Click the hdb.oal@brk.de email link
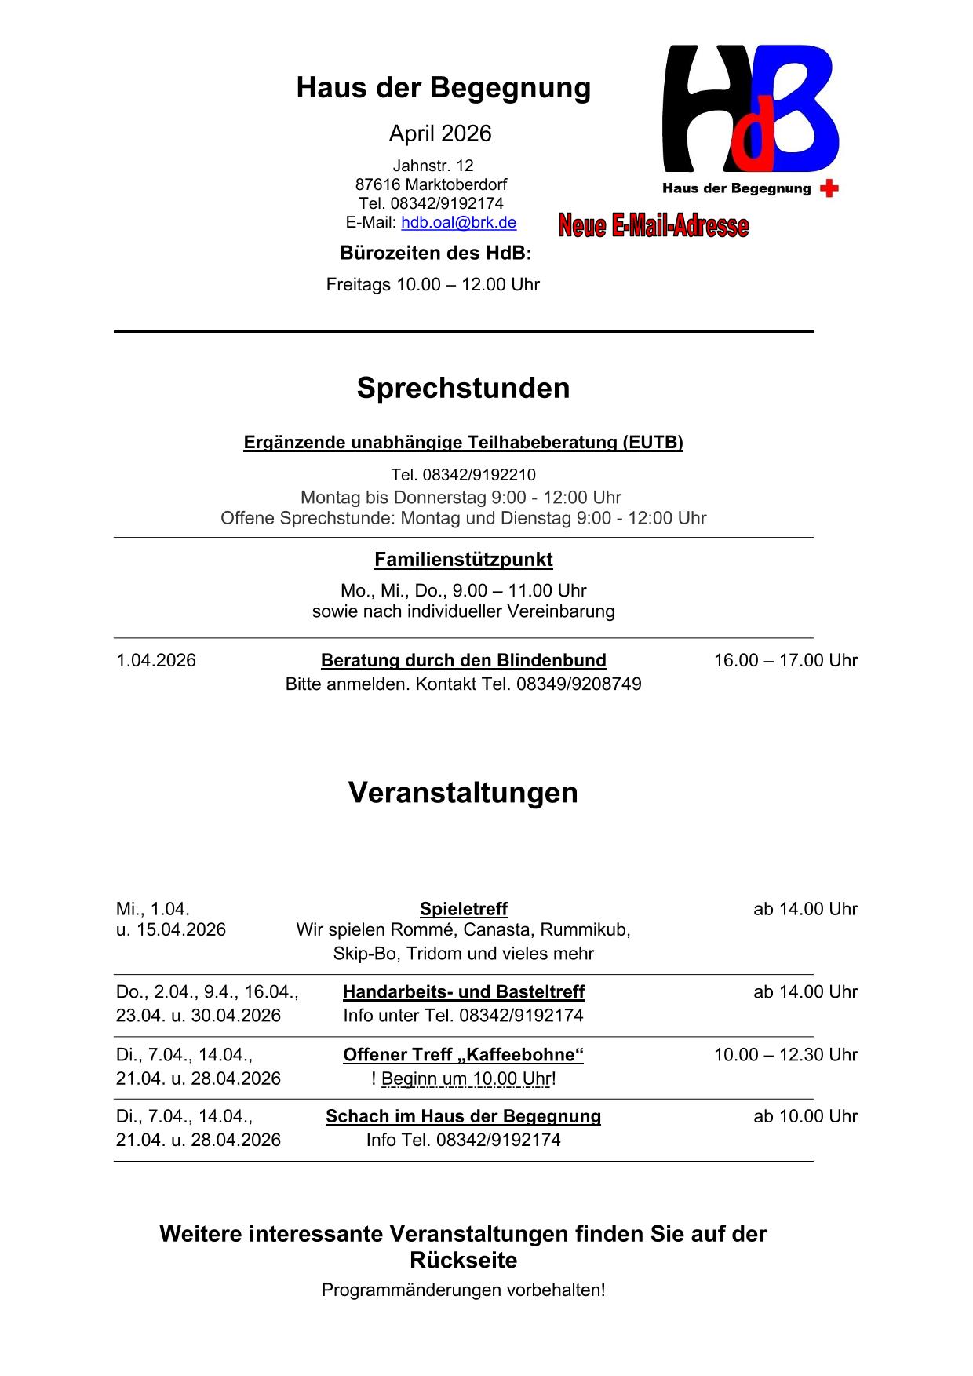click(458, 223)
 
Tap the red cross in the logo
click(829, 188)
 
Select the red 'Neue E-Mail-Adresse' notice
click(654, 226)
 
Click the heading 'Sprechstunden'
click(463, 388)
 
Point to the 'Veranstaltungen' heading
click(463, 793)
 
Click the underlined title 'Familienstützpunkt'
click(463, 560)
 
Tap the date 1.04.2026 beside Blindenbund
click(156, 660)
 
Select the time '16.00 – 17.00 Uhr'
click(785, 660)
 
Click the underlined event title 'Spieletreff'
click(463, 909)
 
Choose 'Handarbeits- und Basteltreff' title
click(463, 992)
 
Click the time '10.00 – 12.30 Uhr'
click(785, 1055)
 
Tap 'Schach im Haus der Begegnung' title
click(463, 1116)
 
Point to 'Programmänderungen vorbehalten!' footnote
click(463, 1290)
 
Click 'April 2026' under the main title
click(440, 133)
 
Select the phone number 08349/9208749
click(578, 684)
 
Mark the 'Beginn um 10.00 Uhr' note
click(466, 1079)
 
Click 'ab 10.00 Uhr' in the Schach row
click(805, 1116)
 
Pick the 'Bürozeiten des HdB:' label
click(435, 254)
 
